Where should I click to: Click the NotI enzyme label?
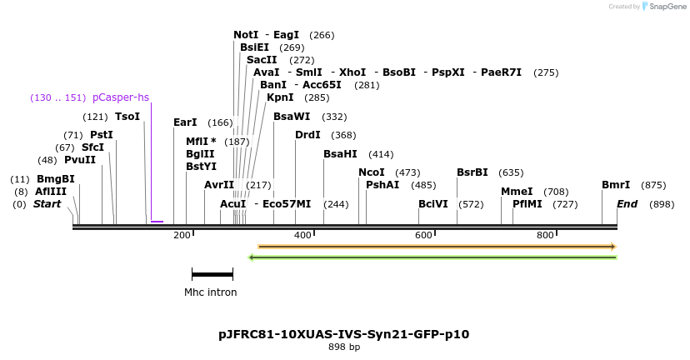[246, 35]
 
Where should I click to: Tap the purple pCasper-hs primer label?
[121, 97]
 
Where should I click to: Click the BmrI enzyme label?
[616, 185]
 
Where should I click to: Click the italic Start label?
[47, 204]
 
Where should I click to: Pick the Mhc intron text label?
[210, 292]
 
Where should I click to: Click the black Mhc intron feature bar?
[212, 273]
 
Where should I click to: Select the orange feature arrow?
[437, 247]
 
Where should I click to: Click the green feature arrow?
[432, 257]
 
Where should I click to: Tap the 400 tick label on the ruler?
[302, 236]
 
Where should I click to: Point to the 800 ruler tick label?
[545, 236]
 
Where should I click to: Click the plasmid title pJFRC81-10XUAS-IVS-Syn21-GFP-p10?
[343, 334]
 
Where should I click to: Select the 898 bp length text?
[343, 347]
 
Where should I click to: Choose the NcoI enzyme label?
[372, 172]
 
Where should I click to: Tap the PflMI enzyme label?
[527, 204]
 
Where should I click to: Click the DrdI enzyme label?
[307, 135]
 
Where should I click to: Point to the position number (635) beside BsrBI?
[511, 172]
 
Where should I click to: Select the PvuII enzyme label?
[79, 160]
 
